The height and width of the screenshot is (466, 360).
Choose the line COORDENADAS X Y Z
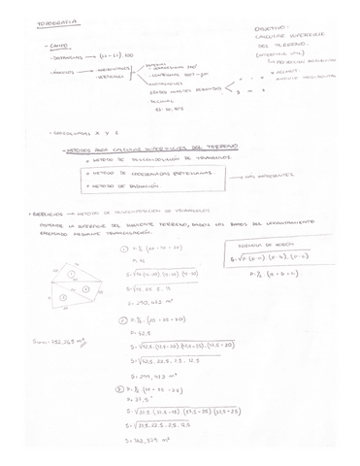point(78,129)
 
